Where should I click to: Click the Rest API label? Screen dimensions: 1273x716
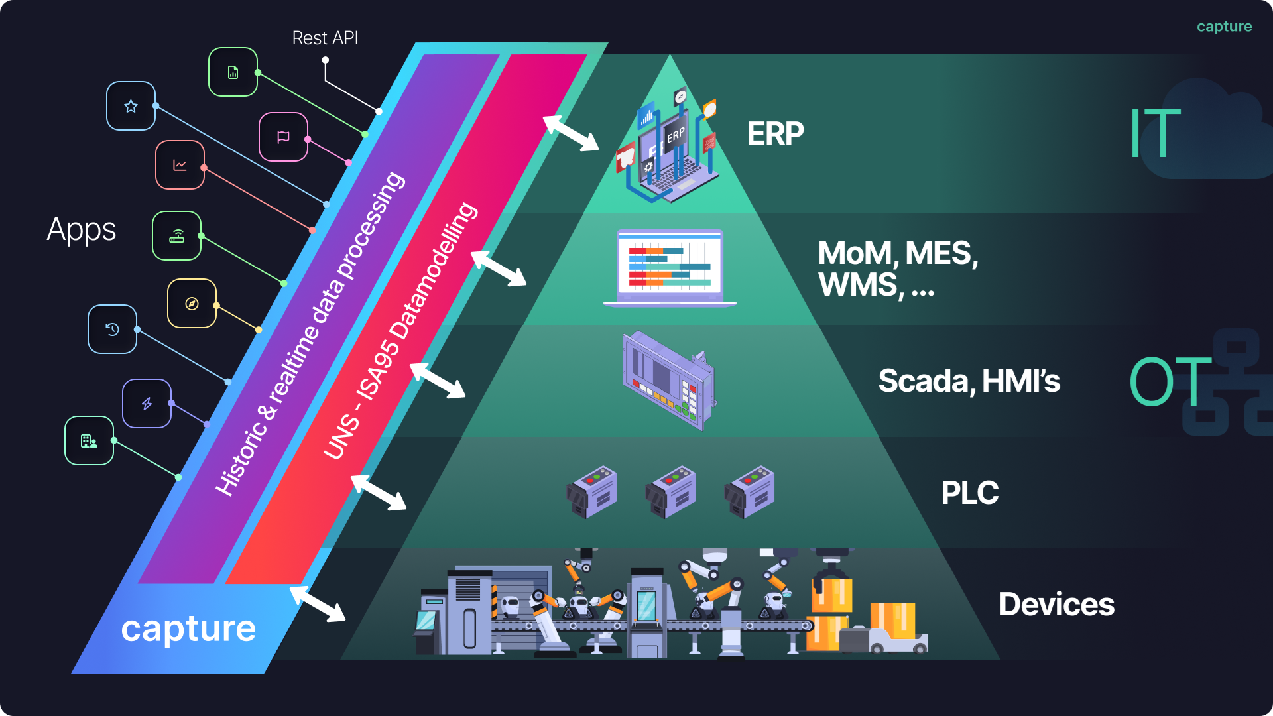coord(325,38)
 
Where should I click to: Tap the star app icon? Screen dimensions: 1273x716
coord(131,106)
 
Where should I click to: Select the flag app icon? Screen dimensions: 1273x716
coord(283,137)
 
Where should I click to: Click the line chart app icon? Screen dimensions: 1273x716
coord(180,165)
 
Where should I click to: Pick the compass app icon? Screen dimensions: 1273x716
coord(192,304)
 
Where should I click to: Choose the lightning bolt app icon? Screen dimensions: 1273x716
coord(147,404)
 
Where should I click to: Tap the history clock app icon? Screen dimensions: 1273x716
coord(113,329)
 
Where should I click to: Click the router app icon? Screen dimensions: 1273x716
coord(176,236)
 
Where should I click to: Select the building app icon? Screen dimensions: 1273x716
coord(89,441)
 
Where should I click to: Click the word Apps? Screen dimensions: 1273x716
coord(82,231)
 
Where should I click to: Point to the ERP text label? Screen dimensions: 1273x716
coord(775,134)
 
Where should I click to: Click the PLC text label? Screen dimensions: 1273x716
coord(969,493)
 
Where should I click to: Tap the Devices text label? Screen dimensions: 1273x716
coord(1056,605)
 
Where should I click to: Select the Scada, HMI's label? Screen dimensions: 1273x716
coord(969,381)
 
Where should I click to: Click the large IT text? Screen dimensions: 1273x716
coord(1155,133)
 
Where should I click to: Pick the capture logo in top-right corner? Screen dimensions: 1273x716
coord(1224,27)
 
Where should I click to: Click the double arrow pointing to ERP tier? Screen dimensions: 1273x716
coord(571,133)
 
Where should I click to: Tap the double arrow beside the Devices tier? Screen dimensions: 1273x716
coord(318,604)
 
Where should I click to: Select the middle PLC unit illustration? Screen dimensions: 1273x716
coord(670,492)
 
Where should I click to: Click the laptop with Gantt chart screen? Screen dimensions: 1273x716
coord(670,268)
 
